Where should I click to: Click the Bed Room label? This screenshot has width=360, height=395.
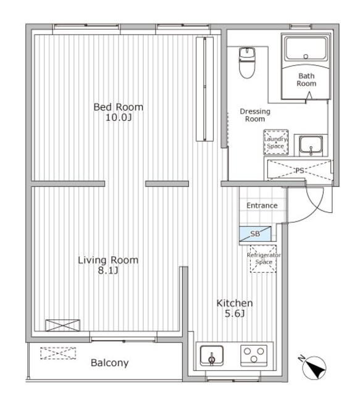click(118, 107)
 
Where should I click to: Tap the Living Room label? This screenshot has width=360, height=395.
click(108, 260)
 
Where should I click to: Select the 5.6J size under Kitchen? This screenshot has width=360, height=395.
click(235, 314)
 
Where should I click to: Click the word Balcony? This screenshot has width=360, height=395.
click(110, 363)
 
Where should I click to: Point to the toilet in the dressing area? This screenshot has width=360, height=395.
click(247, 62)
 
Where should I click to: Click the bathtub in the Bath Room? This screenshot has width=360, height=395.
click(306, 48)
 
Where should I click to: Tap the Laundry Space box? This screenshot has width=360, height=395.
click(276, 143)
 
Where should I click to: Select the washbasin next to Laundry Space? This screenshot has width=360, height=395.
click(311, 146)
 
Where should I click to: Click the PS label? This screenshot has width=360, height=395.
click(299, 170)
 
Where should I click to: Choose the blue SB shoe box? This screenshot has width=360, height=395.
click(255, 234)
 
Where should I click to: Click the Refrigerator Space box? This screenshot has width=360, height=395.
click(263, 259)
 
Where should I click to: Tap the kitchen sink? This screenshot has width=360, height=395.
click(212, 355)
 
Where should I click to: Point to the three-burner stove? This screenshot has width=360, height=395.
click(254, 355)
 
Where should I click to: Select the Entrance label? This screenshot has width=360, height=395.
click(262, 206)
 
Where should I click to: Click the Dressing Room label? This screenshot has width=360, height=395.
click(255, 115)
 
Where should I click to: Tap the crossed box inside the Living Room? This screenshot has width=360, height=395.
click(63, 325)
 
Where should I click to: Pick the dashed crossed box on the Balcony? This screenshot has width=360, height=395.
click(58, 353)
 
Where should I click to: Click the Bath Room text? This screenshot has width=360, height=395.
click(306, 80)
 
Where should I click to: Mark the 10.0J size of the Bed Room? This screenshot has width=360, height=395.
click(119, 118)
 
